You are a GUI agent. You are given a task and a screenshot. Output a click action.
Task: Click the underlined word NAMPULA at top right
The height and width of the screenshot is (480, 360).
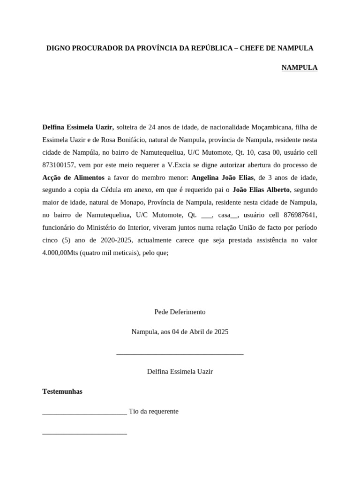pos(299,67)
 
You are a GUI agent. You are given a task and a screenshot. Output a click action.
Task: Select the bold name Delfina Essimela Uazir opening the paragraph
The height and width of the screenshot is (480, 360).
pos(78,127)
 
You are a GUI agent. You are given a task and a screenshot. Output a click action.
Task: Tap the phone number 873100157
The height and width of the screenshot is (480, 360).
pos(59,165)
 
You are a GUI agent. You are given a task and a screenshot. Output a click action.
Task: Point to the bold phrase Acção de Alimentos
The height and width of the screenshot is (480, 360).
pos(73,178)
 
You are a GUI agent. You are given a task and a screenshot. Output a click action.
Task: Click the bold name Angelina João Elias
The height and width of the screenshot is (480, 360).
pos(223,178)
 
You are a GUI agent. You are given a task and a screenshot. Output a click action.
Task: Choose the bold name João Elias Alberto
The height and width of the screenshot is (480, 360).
pos(261,190)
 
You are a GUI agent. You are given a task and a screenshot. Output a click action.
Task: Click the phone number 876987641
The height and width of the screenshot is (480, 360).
pos(297,215)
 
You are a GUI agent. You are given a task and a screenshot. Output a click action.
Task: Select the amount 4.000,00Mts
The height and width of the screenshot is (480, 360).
pos(60,253)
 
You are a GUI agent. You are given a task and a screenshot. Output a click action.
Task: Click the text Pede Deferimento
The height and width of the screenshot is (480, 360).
pos(180,312)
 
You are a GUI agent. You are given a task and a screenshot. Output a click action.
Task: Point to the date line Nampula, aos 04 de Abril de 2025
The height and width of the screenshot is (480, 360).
pos(180,331)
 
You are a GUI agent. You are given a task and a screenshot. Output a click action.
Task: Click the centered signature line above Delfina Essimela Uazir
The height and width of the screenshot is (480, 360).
pos(180,354)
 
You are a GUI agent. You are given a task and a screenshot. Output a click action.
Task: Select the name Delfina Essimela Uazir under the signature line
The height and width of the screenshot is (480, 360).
pos(180,371)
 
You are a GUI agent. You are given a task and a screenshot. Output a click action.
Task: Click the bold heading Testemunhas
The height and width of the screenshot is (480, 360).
pos(62,391)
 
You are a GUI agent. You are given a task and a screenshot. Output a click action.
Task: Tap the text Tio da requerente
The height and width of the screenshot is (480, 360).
pos(154,411)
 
